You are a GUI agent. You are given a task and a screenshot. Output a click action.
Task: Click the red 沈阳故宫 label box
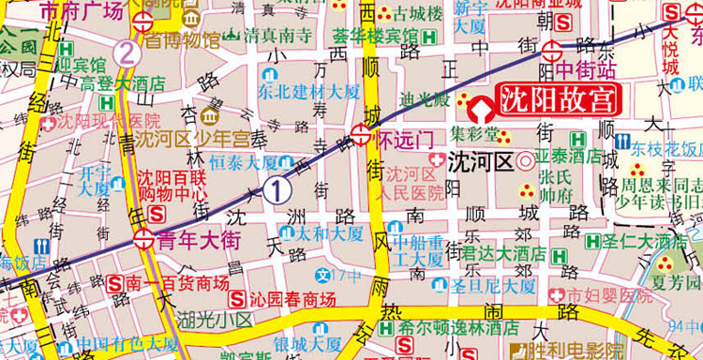tap(554, 99)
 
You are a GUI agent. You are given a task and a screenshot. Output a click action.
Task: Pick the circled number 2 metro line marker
tap(127, 52)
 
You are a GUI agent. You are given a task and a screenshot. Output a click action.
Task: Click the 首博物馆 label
tap(181, 40)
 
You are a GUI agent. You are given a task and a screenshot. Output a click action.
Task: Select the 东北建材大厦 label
tap(307, 92)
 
